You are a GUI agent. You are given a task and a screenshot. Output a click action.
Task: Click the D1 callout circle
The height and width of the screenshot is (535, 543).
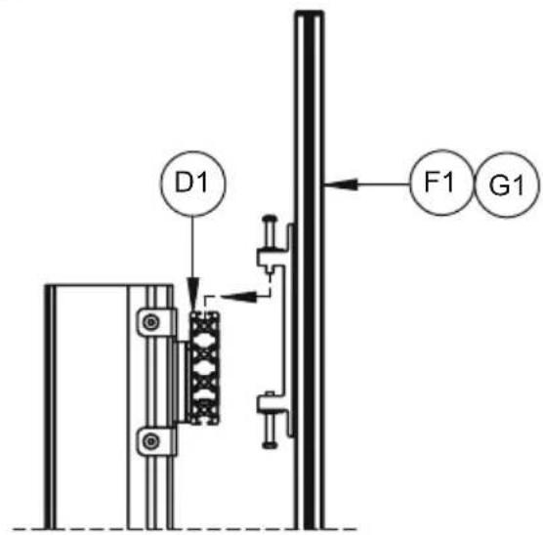point(193,151)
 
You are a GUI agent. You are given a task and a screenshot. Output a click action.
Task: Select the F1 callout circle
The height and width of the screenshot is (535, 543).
point(440,149)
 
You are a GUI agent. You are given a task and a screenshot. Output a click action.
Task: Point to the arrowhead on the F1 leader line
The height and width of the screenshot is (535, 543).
point(341,185)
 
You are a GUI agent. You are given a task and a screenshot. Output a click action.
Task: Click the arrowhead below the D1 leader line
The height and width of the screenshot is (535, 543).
point(194,294)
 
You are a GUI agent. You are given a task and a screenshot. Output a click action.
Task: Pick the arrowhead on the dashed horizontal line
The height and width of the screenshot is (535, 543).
point(239,297)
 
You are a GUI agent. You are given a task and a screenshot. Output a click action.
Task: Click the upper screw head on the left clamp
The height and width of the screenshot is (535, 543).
point(151,322)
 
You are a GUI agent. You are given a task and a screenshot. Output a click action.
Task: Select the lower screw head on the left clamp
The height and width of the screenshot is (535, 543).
point(151,441)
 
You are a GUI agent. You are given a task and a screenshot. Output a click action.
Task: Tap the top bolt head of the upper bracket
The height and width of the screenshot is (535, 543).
point(270,219)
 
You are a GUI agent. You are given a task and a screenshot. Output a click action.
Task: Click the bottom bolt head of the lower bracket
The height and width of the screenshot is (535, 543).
point(270,445)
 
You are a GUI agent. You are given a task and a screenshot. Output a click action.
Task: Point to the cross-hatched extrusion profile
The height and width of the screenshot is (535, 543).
point(204,368)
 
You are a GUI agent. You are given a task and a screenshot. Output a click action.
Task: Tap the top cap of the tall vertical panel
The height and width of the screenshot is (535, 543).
point(310,14)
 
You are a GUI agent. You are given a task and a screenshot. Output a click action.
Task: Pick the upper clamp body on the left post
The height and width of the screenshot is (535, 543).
point(156,323)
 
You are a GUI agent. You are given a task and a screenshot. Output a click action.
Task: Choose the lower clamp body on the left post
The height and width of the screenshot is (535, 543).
point(156,441)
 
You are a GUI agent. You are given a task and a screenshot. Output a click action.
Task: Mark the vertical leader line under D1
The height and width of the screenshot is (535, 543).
point(193,247)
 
